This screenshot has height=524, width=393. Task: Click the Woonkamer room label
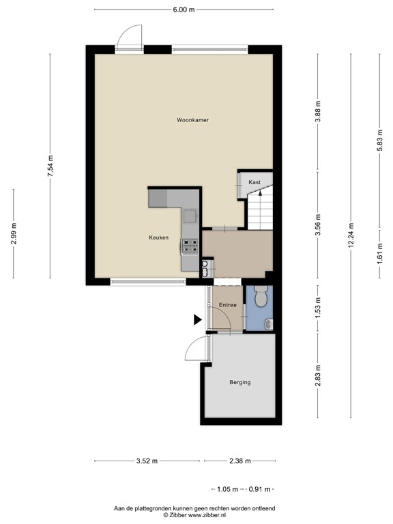tap(192, 120)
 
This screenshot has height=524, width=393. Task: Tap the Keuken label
tap(158, 237)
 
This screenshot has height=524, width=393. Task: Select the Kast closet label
tap(254, 182)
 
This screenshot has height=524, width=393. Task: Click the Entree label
tap(227, 305)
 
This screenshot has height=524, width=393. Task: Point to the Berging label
tap(239, 382)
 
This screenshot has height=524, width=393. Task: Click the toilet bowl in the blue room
tap(259, 298)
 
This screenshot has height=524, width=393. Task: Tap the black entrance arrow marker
tap(197, 319)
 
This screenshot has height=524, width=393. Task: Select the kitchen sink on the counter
tap(189, 216)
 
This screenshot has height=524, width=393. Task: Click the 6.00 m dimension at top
tap(184, 10)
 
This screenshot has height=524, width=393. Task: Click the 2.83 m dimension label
tap(318, 376)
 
